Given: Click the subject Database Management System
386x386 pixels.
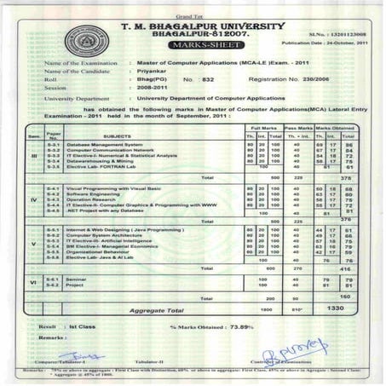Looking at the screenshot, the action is [x=109, y=146].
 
